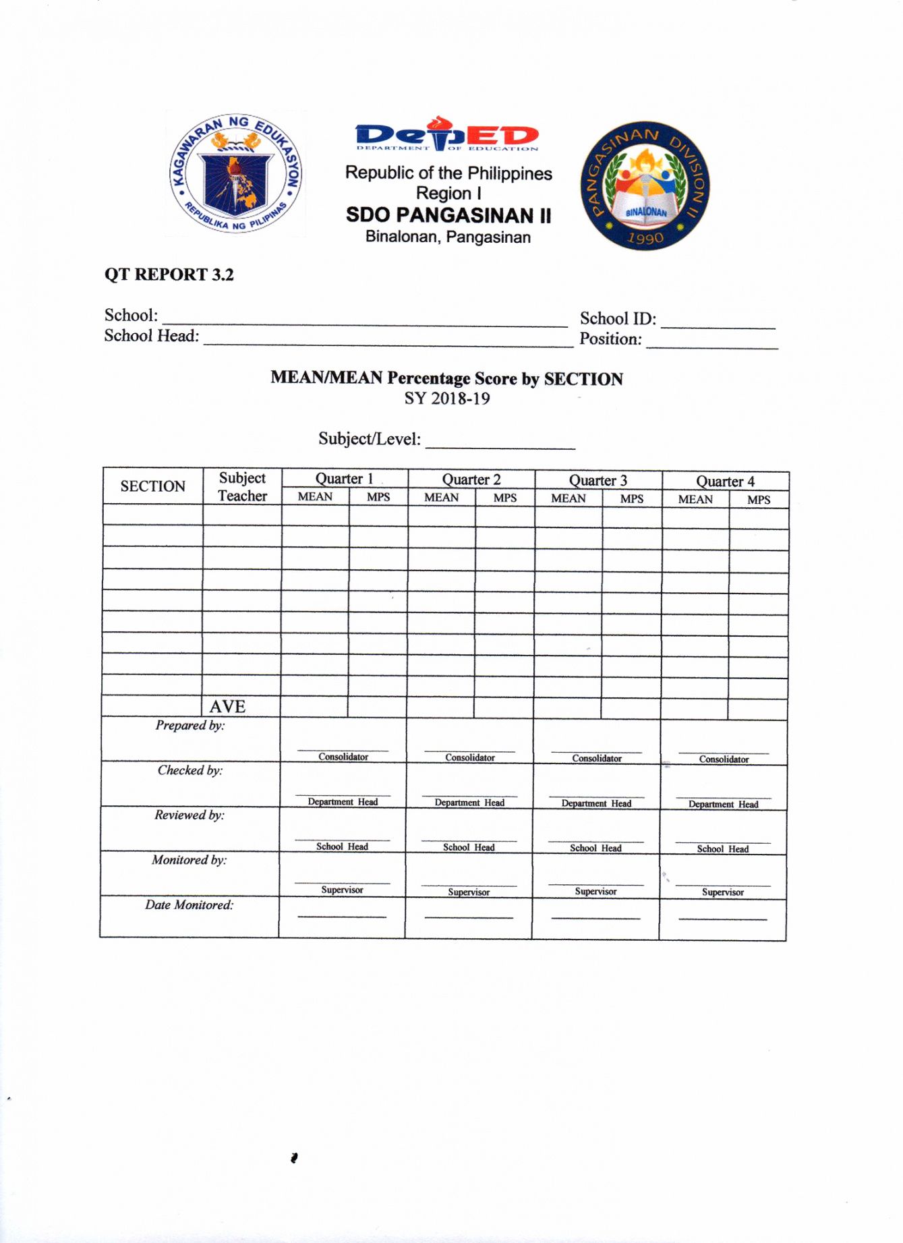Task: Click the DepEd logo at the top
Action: (x=447, y=134)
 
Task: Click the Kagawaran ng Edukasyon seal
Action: (x=236, y=173)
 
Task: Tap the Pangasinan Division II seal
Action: (x=645, y=185)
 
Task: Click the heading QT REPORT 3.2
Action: (x=169, y=274)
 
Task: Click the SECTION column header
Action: (x=152, y=486)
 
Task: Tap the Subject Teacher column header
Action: (x=242, y=486)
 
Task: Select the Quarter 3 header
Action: (x=598, y=480)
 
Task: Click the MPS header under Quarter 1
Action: (x=378, y=497)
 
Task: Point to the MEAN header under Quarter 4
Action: (x=695, y=500)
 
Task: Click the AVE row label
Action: (x=227, y=706)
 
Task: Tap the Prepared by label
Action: (x=190, y=726)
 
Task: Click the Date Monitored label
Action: (x=189, y=905)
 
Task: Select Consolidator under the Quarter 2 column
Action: (x=469, y=757)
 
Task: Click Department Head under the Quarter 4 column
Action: (x=723, y=804)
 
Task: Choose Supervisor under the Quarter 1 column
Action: (x=342, y=890)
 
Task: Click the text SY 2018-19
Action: (x=446, y=399)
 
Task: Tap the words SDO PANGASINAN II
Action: (x=448, y=215)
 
